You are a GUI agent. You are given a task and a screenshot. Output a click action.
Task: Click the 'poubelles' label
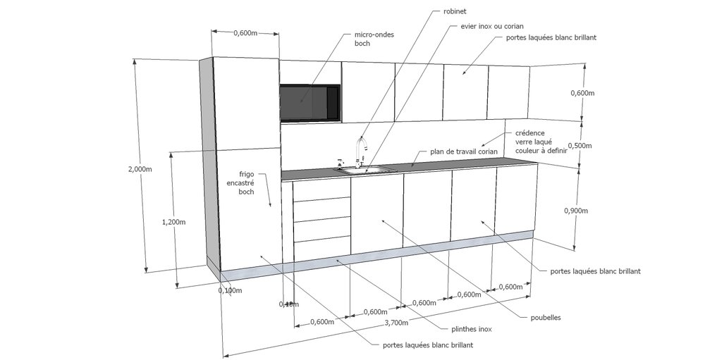pyautogui.click(x=545, y=318)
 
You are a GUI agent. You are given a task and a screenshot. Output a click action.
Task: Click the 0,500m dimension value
pyautogui.click(x=580, y=146)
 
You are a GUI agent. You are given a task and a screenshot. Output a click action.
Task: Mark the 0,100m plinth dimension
pyautogui.click(x=230, y=290)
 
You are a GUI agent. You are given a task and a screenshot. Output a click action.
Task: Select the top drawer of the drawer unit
pyautogui.click(x=322, y=190)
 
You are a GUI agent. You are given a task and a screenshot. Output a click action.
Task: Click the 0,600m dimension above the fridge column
pyautogui.click(x=245, y=33)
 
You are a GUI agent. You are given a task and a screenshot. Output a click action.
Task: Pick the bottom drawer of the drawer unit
pyautogui.click(x=322, y=250)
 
